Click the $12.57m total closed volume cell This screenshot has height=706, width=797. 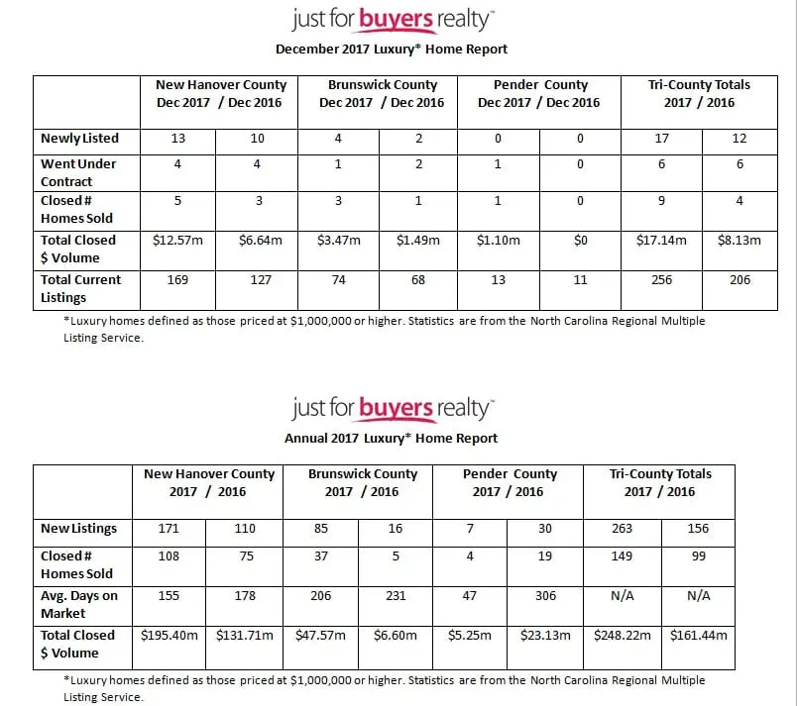(x=177, y=241)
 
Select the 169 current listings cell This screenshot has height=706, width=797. (x=177, y=280)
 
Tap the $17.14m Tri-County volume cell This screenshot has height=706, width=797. (x=661, y=241)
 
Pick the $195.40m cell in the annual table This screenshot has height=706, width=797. (x=169, y=636)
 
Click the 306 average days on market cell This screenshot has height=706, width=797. (x=545, y=596)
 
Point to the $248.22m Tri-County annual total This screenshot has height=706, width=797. (x=622, y=636)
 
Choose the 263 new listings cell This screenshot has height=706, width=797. (x=622, y=529)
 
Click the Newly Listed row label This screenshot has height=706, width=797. (x=79, y=139)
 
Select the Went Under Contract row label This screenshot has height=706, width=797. (x=78, y=172)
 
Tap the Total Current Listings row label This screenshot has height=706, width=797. (x=80, y=288)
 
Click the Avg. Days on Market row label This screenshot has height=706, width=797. (x=78, y=605)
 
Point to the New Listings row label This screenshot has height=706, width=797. (x=78, y=529)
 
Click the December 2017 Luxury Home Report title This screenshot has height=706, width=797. (x=392, y=49)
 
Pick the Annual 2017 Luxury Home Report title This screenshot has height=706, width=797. (x=392, y=438)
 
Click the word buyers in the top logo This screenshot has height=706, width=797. (x=396, y=19)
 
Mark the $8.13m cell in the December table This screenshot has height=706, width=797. (x=740, y=241)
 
